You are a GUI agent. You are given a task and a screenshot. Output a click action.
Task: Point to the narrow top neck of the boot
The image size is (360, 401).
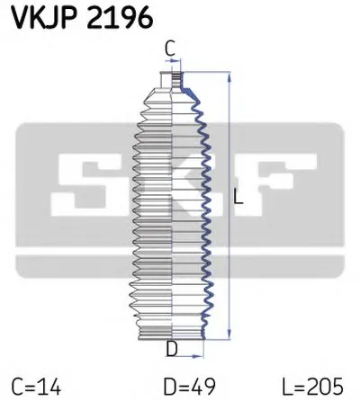point(172,79)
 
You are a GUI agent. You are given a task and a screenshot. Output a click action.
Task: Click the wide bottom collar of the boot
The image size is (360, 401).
point(172,333)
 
